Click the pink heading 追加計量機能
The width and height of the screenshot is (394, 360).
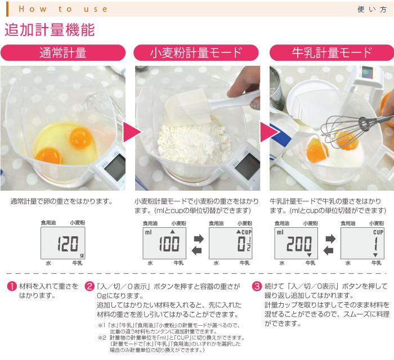pos(50,30)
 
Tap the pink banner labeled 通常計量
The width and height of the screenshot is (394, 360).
pos(63,53)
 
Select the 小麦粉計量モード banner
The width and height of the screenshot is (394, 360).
pos(196,53)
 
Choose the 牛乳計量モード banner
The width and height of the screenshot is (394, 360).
pos(332,53)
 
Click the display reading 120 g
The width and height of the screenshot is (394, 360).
pos(63,243)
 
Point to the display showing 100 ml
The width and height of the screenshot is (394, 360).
pos(164,243)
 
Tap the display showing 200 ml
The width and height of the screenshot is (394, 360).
pos(296,243)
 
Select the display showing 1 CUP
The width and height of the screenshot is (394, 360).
pos(362,243)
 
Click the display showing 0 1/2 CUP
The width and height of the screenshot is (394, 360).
pos(231,243)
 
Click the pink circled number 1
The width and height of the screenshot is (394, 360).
pos(12,286)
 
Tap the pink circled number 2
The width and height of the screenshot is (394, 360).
pos(89,286)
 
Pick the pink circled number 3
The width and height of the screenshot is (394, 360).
pos(257,286)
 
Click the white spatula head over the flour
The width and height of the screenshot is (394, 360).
pos(187,108)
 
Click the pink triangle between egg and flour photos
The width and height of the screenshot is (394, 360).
pos(132,132)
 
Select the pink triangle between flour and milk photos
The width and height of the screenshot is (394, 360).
pos(269,132)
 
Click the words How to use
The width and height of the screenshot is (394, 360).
pos(63,10)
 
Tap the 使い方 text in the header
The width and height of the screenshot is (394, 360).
pos(372,10)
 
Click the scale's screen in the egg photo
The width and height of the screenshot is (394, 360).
pos(115,166)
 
